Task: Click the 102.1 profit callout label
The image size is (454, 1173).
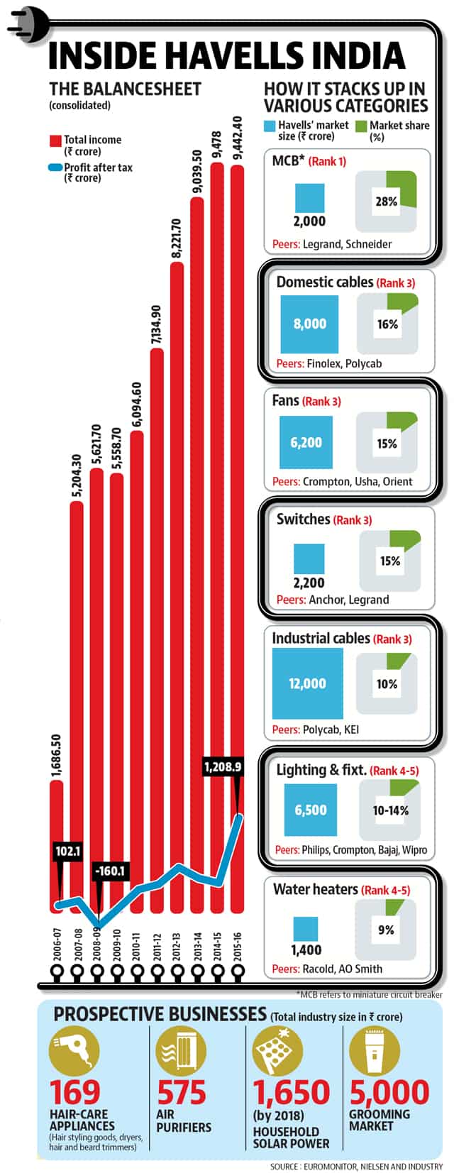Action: point(67,852)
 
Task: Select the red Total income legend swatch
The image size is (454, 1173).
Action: point(55,141)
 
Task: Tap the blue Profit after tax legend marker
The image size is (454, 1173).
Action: point(55,168)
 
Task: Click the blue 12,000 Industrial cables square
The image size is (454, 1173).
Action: point(307,683)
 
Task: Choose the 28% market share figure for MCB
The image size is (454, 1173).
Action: point(387,201)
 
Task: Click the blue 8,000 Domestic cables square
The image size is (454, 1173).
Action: point(309,324)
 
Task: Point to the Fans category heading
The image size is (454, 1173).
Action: point(285,401)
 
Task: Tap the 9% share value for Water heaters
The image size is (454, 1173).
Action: point(386,930)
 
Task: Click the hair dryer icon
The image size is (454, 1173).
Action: point(74,1052)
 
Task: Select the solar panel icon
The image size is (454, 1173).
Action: point(277,1052)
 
